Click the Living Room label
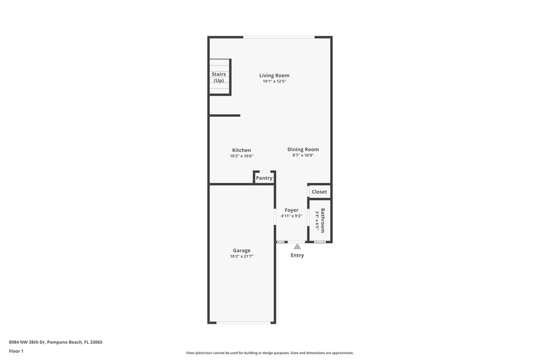[275, 75]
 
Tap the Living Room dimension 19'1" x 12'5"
[275, 82]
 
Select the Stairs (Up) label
[219, 78]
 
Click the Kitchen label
[242, 150]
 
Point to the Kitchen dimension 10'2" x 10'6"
[242, 156]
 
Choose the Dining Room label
[303, 149]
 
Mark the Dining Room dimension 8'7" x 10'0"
[303, 155]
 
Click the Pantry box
[264, 178]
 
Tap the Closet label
[319, 192]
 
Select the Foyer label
[292, 210]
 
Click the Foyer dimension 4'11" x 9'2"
[292, 216]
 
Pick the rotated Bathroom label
[323, 220]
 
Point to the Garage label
[242, 251]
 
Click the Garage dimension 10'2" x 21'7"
[242, 257]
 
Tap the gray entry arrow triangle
[297, 247]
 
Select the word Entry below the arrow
[297, 255]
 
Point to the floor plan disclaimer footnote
[270, 353]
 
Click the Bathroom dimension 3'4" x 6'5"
[317, 220]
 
